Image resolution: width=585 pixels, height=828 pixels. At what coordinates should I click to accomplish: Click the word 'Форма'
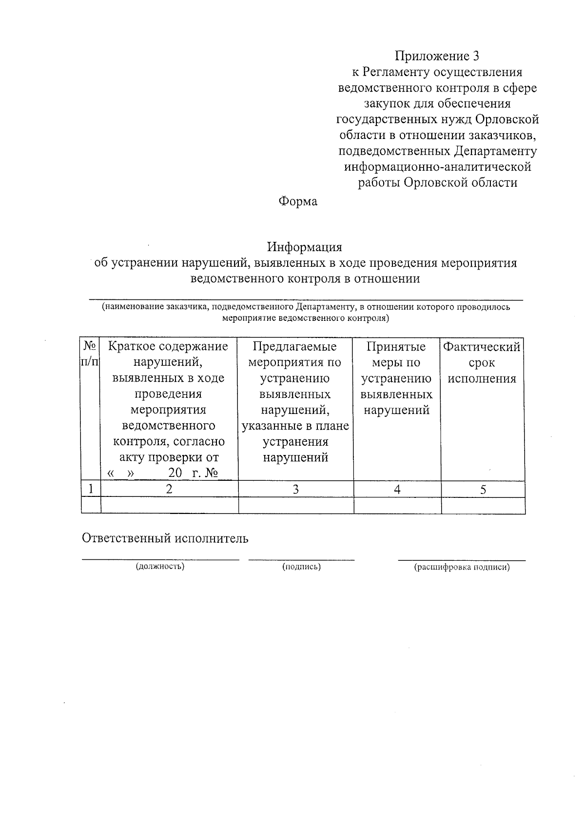(x=297, y=201)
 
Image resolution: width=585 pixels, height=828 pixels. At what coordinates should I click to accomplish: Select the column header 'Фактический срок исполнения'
(x=482, y=363)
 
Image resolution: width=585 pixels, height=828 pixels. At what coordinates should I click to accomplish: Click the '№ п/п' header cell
(x=90, y=355)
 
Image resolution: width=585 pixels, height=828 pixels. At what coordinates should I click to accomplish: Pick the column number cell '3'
(x=295, y=490)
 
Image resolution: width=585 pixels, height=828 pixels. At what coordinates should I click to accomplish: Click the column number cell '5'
(x=483, y=490)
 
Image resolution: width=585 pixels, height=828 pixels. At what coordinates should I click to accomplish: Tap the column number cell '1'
(x=91, y=489)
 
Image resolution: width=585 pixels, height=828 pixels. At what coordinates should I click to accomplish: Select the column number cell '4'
(x=397, y=490)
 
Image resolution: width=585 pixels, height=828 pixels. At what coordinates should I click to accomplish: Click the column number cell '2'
(x=169, y=489)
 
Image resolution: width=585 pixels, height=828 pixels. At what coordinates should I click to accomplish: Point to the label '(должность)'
(x=160, y=567)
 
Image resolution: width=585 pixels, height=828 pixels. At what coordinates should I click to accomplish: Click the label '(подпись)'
(x=301, y=567)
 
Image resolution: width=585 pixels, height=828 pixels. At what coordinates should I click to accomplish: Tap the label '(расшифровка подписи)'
(x=462, y=568)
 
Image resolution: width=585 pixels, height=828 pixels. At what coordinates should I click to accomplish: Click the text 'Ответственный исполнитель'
(x=165, y=538)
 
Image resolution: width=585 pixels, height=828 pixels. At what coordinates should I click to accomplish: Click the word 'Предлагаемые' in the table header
(x=295, y=347)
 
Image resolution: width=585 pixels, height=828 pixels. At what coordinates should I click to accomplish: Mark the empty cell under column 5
(x=483, y=506)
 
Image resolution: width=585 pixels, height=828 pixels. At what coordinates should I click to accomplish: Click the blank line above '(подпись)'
(x=301, y=559)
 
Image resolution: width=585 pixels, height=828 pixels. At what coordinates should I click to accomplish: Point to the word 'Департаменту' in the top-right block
(x=495, y=151)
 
